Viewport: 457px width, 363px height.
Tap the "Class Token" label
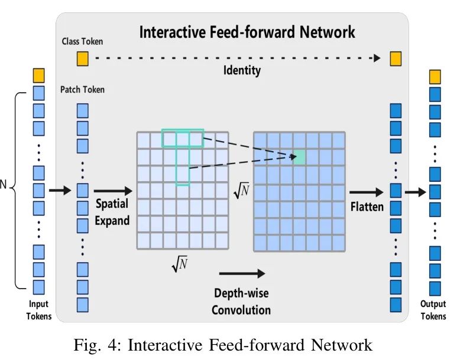coord(82,41)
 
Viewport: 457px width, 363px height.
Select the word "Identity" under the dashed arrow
coord(242,71)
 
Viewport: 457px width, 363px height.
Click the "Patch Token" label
coord(82,90)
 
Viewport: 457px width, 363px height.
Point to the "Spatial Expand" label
coord(112,213)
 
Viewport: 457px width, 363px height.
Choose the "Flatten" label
coord(367,207)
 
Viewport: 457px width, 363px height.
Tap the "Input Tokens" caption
coord(38,310)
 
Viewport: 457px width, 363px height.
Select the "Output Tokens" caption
coord(433,310)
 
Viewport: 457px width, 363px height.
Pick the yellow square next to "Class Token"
coord(82,58)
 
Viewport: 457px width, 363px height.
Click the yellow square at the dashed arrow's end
coord(396,58)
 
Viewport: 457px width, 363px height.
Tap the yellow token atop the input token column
coord(38,76)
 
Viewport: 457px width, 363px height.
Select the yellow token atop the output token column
coord(435,77)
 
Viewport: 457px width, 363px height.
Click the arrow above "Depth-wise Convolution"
coord(242,273)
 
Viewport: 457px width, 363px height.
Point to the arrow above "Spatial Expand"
coord(113,191)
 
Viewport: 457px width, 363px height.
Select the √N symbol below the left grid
coord(180,266)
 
